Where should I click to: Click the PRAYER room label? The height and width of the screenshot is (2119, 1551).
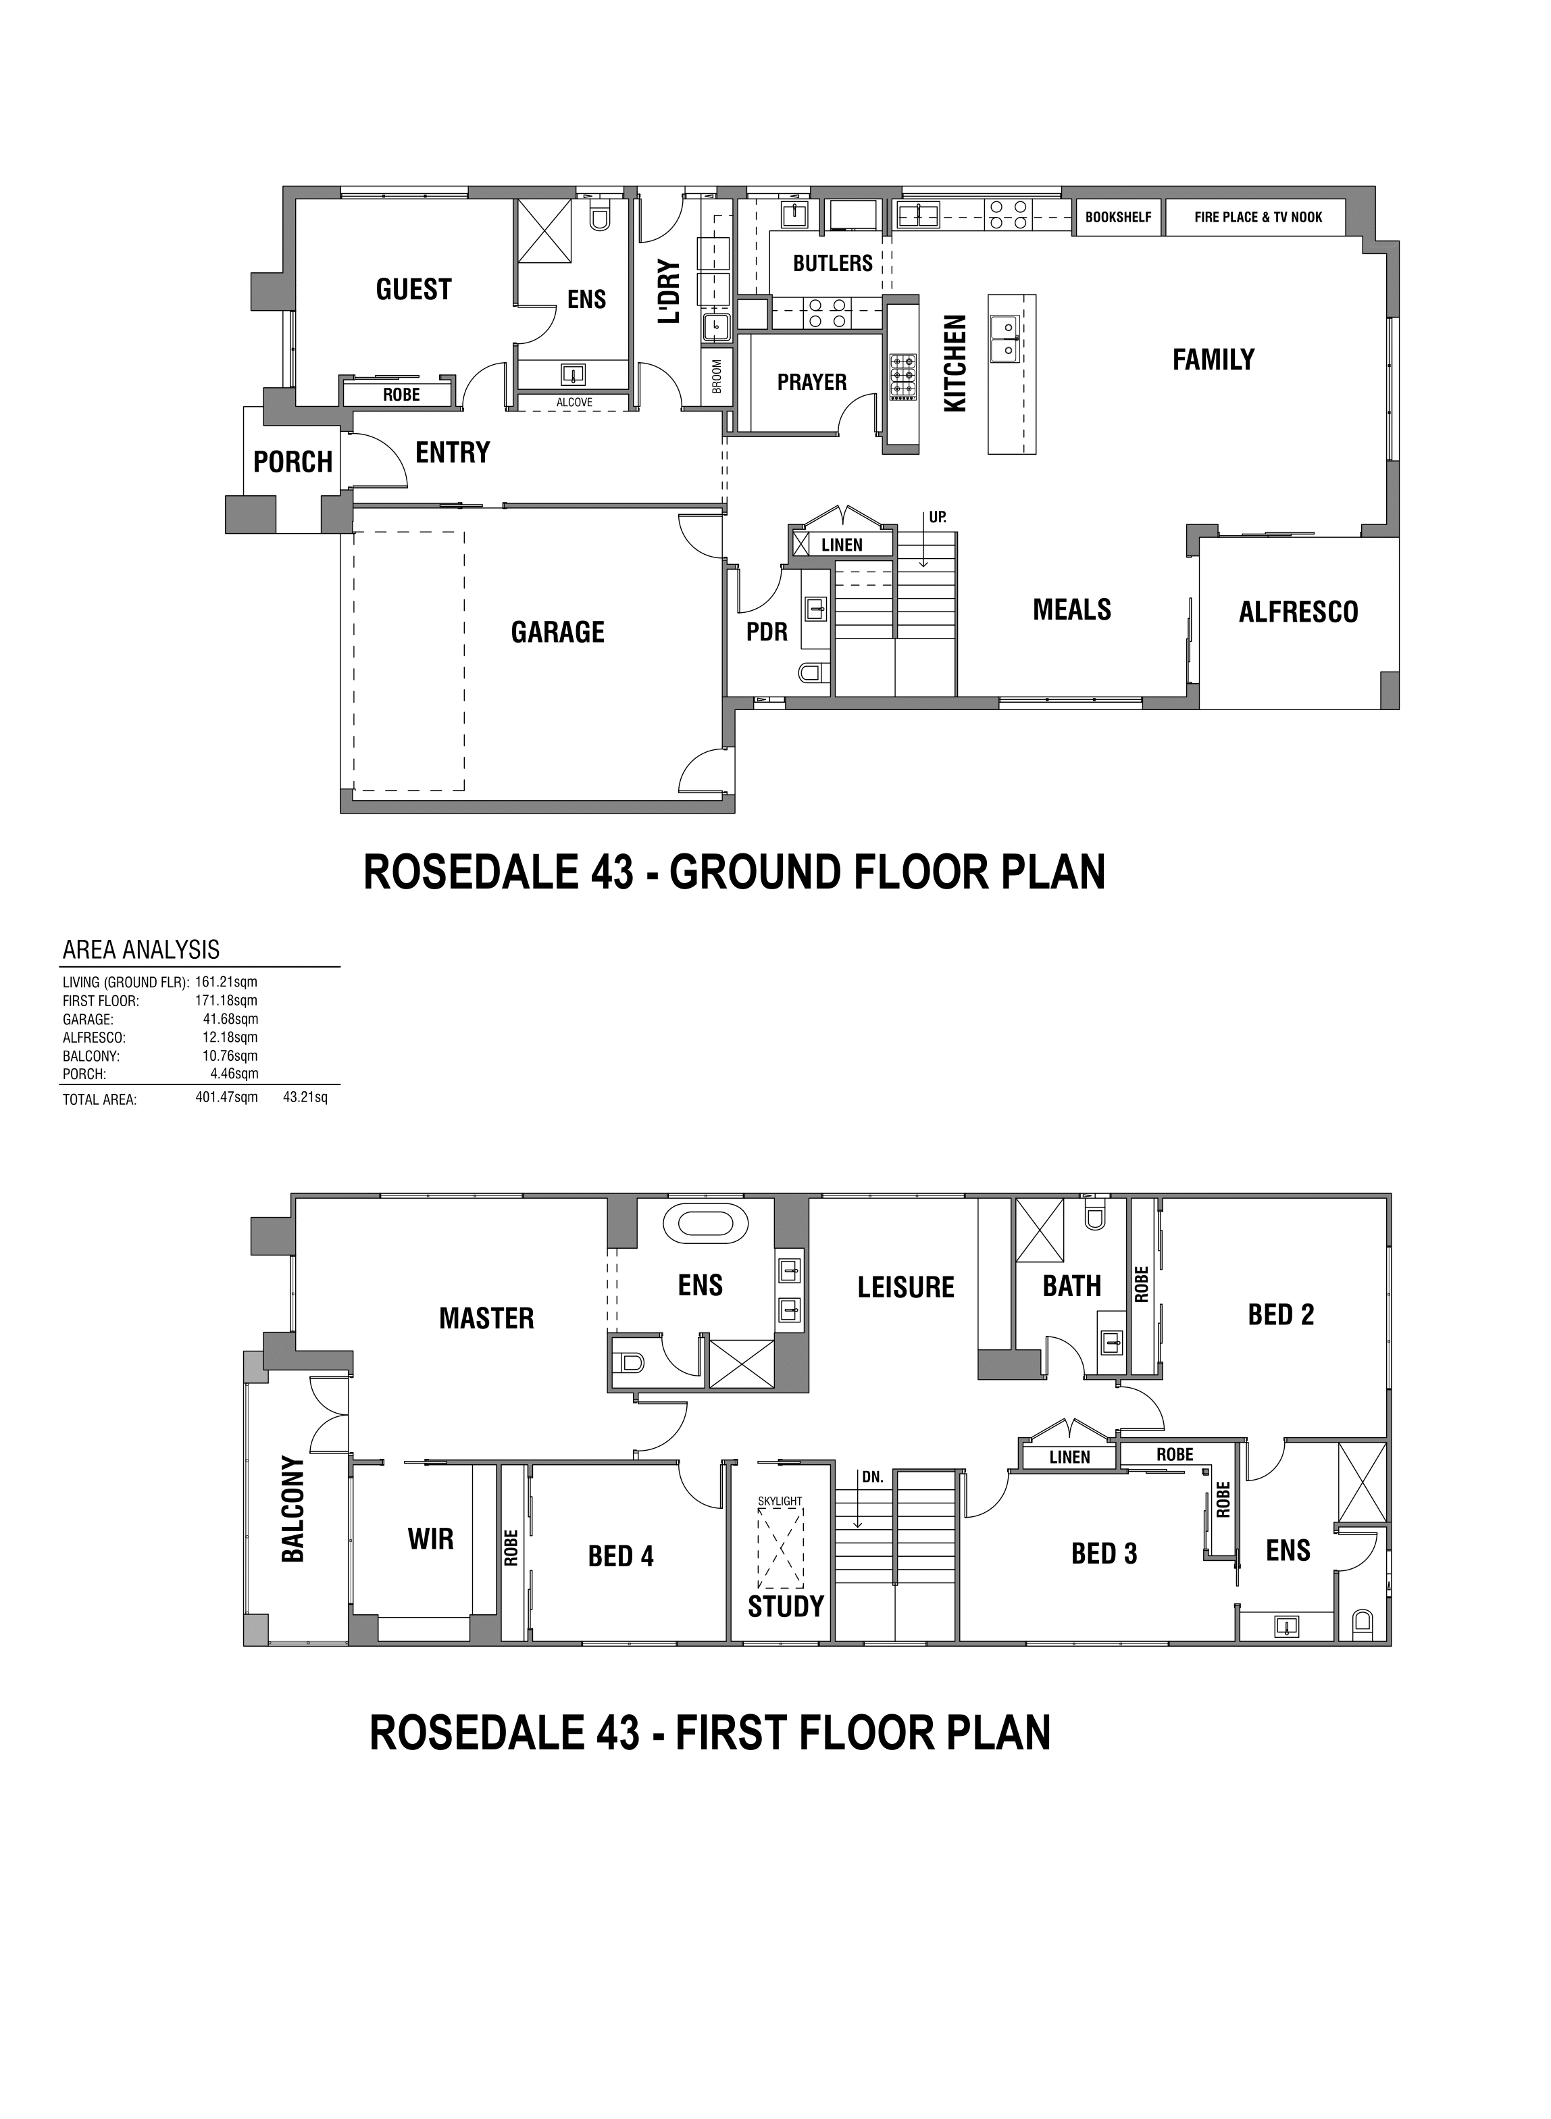[812, 382]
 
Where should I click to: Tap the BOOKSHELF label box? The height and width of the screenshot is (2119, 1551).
[1118, 217]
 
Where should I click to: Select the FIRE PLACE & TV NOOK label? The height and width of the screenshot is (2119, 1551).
[1258, 217]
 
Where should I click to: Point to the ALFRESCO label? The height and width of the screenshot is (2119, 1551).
[1298, 612]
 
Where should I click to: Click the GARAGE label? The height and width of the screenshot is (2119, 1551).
[558, 632]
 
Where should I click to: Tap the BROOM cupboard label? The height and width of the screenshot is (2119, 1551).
[717, 376]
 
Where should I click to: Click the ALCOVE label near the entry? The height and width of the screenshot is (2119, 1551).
[575, 403]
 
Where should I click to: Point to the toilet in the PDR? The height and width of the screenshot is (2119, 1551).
[812, 672]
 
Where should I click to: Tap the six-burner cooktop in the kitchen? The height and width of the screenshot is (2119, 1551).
[903, 376]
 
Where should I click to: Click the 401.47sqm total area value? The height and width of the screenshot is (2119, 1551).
[226, 1097]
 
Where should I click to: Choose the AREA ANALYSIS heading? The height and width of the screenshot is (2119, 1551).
[141, 949]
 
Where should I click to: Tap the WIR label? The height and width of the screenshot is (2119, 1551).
[431, 1539]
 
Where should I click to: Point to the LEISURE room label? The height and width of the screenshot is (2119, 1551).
[906, 1287]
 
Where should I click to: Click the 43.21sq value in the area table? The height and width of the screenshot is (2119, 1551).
[305, 1097]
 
